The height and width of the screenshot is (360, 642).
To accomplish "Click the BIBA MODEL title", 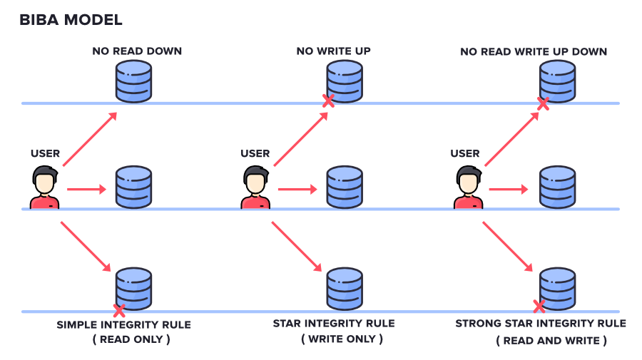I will click(71, 20).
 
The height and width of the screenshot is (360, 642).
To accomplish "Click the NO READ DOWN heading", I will click(137, 51).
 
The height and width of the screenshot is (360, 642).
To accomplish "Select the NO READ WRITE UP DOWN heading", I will click(534, 51).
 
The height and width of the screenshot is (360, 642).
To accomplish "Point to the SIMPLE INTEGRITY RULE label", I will click(124, 324).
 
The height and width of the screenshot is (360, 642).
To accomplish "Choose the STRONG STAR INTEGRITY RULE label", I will click(541, 324).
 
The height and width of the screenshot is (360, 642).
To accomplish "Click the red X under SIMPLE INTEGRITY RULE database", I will click(119, 310).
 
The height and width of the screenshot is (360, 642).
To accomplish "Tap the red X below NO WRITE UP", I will click(328, 101).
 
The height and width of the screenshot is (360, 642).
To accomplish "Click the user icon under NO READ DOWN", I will click(44, 187).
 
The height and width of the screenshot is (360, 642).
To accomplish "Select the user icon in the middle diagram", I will click(255, 187).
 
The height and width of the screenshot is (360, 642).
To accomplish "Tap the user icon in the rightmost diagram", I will click(467, 187).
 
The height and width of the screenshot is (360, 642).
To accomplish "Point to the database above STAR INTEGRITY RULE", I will click(345, 287).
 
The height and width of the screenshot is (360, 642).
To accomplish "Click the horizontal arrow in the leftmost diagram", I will click(86, 190).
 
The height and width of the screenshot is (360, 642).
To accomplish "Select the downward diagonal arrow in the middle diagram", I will click(296, 247).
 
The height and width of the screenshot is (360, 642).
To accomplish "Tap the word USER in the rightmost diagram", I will click(465, 153).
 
